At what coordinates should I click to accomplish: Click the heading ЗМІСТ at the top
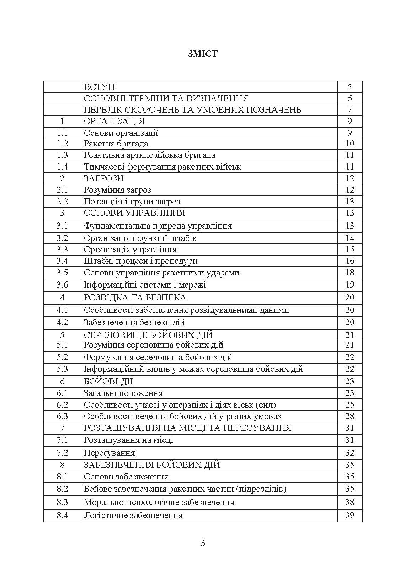pos(203,54)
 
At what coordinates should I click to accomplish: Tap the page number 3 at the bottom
pos(203,543)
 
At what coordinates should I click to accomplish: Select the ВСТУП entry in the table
pos(100,87)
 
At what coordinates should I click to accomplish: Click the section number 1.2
pos(62,144)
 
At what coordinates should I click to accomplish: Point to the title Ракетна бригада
pos(116,144)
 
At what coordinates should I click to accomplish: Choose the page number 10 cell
pos(349,144)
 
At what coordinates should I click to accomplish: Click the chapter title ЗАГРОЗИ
pos(103,178)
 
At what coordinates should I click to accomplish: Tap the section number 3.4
pos(62,261)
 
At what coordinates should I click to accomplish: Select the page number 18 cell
pos(349,273)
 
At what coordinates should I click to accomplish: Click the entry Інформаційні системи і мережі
pos(145,285)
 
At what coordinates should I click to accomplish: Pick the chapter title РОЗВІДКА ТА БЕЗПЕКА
pos(135,297)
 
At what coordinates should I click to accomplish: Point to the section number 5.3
pos(62,369)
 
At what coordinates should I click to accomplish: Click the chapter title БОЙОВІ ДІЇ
pos(108,381)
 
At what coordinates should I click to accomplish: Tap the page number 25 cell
pos(349,404)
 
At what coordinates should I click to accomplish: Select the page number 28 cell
pos(349,416)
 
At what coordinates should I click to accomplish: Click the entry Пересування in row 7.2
pos(109,453)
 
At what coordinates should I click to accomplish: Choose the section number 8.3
pos(62,502)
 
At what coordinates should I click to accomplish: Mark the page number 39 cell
pos(349,515)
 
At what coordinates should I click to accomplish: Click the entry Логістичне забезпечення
pos(133,515)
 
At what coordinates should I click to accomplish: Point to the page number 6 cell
pos(349,98)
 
